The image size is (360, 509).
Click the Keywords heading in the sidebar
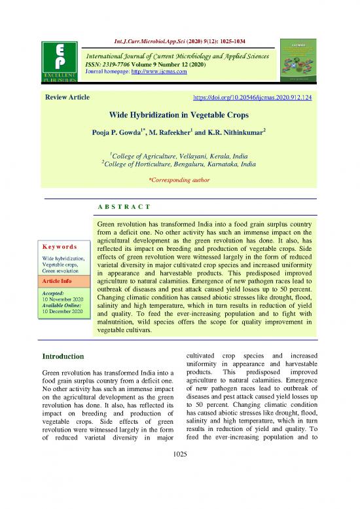pos(61,247)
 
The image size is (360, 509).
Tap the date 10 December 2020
pos(61,311)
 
